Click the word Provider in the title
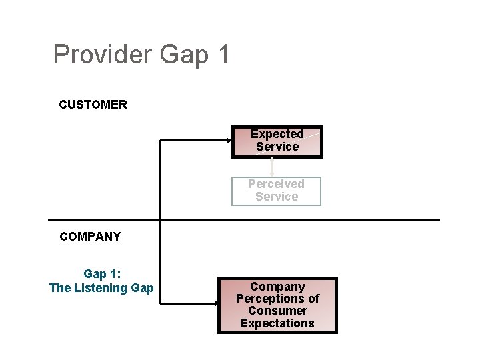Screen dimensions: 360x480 [103, 54]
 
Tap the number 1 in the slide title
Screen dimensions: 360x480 [223, 54]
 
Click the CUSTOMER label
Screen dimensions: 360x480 [93, 105]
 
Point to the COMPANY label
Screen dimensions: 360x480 [90, 237]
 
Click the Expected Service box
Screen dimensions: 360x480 [277, 141]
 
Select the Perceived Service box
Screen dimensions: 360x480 [276, 191]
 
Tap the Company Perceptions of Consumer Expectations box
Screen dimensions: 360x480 [277, 305]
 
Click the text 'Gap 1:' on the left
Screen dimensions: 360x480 [101, 274]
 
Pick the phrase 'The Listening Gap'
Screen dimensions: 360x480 [101, 288]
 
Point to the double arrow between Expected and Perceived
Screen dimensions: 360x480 [272, 167]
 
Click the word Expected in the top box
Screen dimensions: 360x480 [277, 134]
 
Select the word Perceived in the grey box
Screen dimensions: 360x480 [276, 184]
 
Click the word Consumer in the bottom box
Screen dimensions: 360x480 [277, 311]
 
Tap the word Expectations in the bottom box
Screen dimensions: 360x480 [277, 323]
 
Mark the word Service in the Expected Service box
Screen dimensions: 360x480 [277, 147]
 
